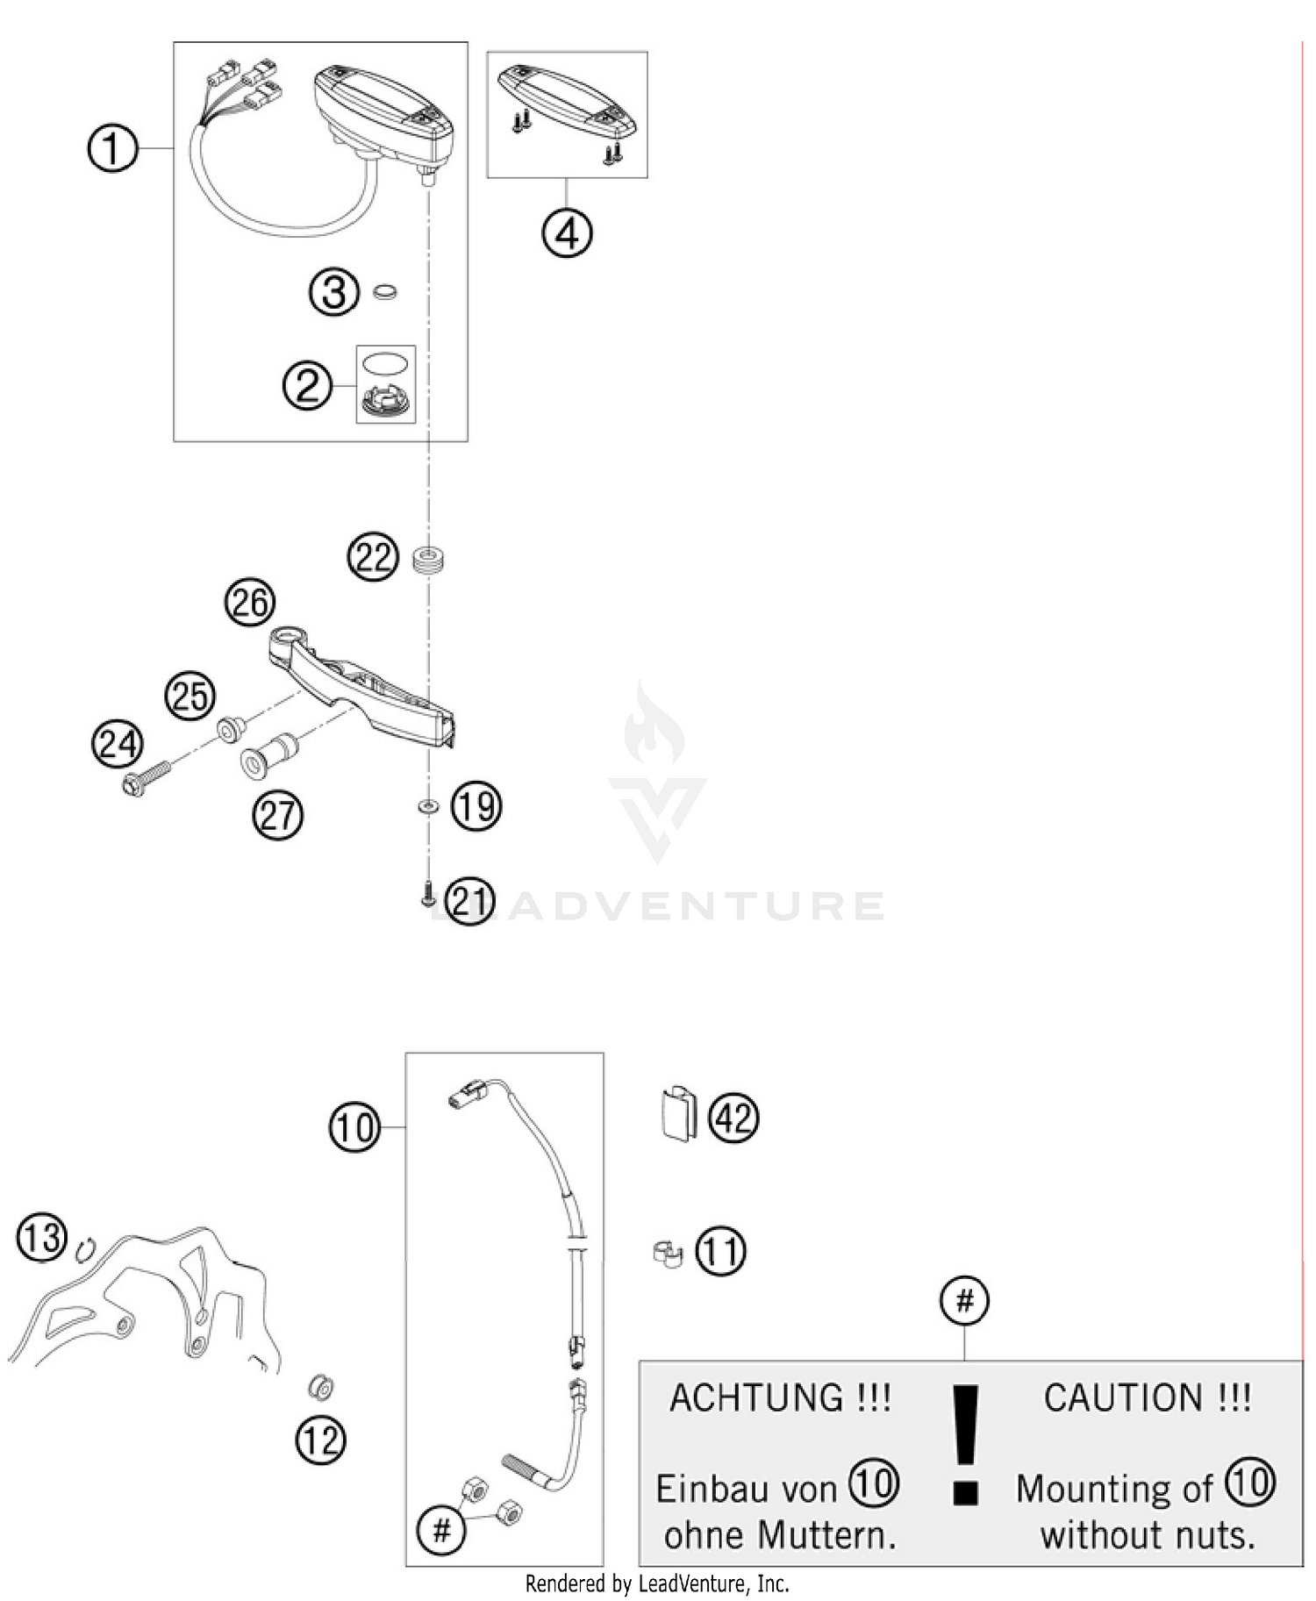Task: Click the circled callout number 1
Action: click(x=113, y=148)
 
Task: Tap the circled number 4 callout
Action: click(x=567, y=233)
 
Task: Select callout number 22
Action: click(x=373, y=557)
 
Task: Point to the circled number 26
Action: click(x=250, y=603)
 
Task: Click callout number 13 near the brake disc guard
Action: click(x=42, y=1238)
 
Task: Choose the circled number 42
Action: click(x=734, y=1118)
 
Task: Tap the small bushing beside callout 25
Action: click(x=232, y=728)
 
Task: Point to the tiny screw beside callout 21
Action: click(x=429, y=895)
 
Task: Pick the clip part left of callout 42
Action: click(x=677, y=1114)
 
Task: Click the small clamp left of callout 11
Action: click(x=668, y=1252)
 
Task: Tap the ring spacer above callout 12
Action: click(x=322, y=1387)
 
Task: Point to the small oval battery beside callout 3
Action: click(x=384, y=291)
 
